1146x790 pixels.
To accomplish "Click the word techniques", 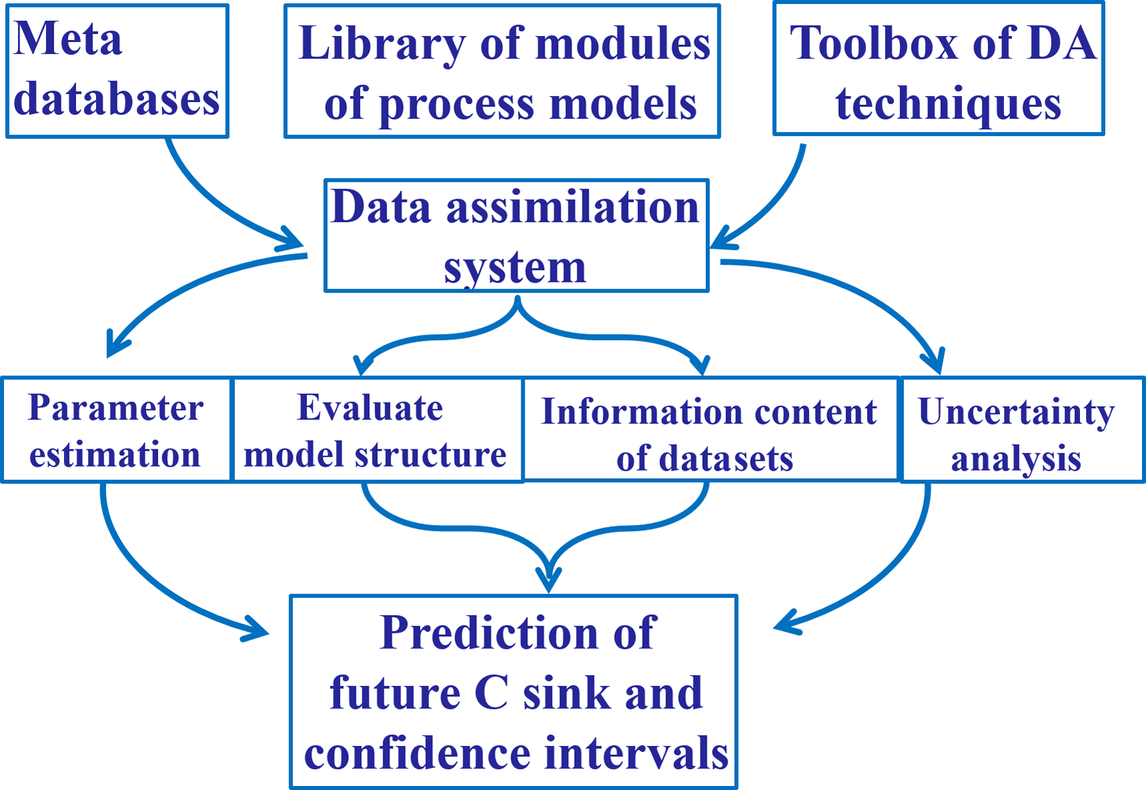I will click(948, 104).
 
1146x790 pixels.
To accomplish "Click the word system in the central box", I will click(515, 268).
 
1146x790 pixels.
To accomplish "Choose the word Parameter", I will click(115, 408).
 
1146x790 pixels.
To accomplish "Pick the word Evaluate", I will click(370, 408).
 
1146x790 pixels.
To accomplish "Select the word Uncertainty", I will click(1016, 412).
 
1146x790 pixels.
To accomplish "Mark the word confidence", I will click(417, 753).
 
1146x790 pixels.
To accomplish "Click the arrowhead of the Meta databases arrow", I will click(293, 241).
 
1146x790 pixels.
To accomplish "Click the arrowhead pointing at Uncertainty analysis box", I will click(937, 363).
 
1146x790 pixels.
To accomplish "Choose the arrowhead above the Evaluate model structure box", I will click(362, 365).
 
